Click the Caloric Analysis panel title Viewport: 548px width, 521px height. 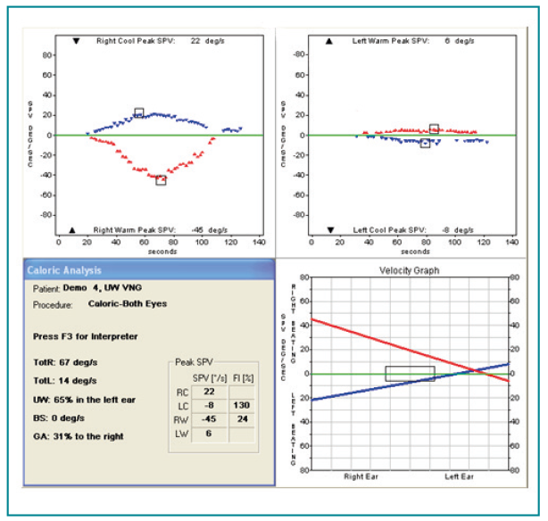pos(63,270)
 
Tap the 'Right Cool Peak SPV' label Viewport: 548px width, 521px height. pos(136,41)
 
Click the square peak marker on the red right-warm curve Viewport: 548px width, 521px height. pos(161,180)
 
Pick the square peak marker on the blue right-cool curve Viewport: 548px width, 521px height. pos(138,112)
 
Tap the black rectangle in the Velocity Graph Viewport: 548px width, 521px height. pos(410,374)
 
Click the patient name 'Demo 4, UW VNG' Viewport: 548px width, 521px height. pos(98,289)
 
